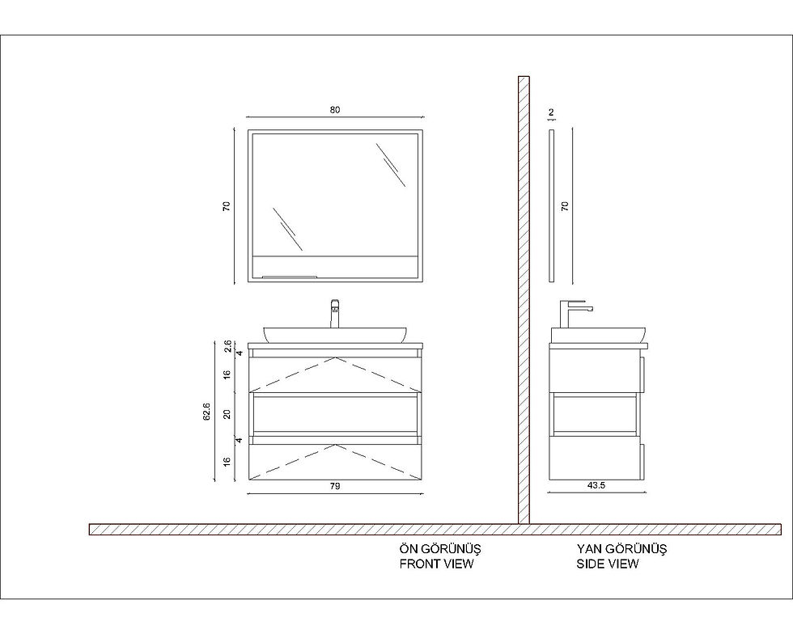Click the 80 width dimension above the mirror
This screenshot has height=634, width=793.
click(x=335, y=110)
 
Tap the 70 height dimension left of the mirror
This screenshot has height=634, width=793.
click(x=227, y=205)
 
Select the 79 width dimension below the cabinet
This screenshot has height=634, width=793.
click(x=335, y=486)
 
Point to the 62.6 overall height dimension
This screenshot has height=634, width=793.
click(x=206, y=412)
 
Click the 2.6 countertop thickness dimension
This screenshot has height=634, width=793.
click(x=227, y=346)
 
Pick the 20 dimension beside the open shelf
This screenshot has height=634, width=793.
click(x=227, y=414)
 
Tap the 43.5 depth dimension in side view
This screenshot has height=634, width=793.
click(x=596, y=485)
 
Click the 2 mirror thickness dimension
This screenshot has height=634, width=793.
click(x=551, y=112)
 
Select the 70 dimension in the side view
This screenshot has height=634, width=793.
click(x=565, y=205)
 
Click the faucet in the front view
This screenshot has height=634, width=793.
click(x=335, y=313)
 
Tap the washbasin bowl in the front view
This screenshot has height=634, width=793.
click(x=335, y=334)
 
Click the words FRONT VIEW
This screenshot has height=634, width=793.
click(x=436, y=563)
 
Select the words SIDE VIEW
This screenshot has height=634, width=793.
click(x=608, y=563)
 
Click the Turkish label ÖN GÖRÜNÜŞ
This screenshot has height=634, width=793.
click(x=440, y=548)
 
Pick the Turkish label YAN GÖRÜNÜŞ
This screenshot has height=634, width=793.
click(x=621, y=548)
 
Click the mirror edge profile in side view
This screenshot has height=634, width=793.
click(x=551, y=205)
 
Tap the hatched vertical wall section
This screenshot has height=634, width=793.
click(x=524, y=300)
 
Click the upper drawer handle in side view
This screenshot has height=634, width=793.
click(x=643, y=374)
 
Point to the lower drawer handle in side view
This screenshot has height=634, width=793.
click(x=643, y=461)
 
